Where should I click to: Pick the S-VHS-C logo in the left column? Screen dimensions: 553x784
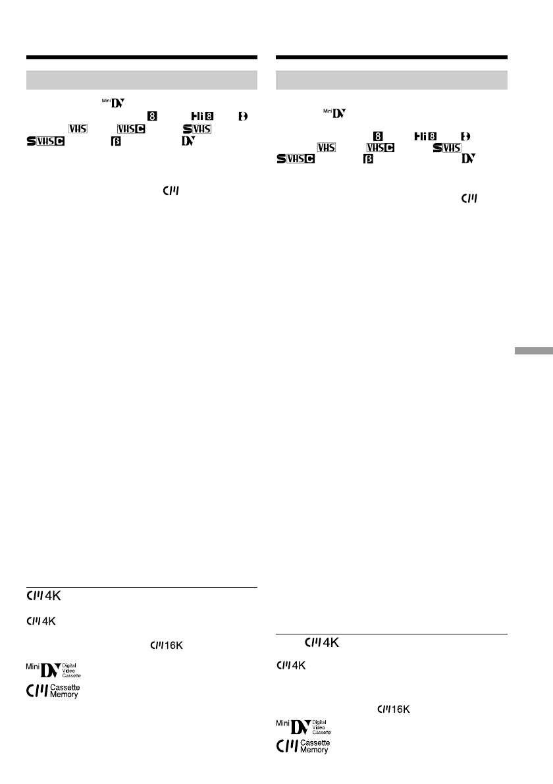click(x=46, y=140)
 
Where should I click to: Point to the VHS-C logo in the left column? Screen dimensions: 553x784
click(x=130, y=128)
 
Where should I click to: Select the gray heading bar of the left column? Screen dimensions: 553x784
click(x=142, y=80)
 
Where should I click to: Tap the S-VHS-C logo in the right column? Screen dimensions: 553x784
click(x=295, y=159)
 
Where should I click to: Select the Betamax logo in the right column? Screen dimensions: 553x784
click(x=368, y=159)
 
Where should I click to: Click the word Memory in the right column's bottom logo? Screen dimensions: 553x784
click(x=315, y=750)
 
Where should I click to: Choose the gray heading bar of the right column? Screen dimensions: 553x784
click(x=392, y=80)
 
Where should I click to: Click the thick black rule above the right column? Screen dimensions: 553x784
click(x=392, y=57)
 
